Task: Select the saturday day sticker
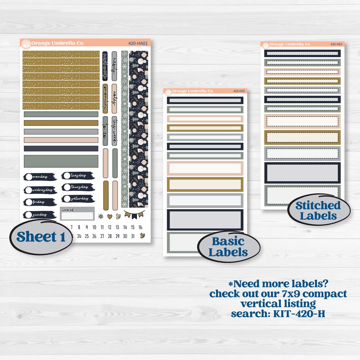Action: click(x=77, y=198)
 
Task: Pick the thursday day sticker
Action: click(x=77, y=187)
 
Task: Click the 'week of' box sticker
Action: click(x=77, y=213)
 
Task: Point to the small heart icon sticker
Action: click(x=108, y=216)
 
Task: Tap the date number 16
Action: click(x=140, y=227)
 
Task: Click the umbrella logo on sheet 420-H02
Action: click(x=168, y=91)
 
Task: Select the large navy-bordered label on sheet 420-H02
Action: click(x=205, y=220)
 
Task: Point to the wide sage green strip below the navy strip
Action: click(x=61, y=160)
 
